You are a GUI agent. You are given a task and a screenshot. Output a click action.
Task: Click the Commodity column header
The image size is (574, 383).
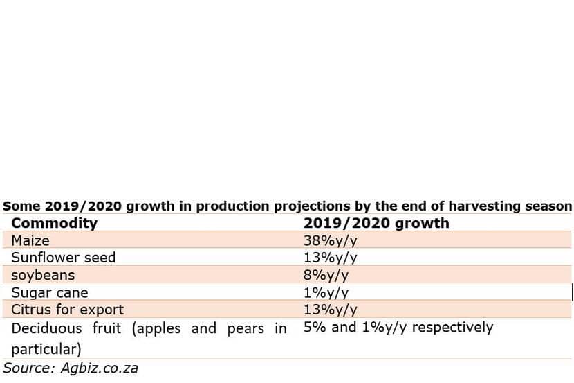[55, 223]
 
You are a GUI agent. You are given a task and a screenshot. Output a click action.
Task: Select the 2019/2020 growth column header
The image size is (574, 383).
[376, 223]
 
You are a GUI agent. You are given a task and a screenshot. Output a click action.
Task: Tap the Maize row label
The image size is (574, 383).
[30, 240]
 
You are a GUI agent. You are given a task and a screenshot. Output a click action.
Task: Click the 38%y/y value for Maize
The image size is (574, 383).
[330, 241]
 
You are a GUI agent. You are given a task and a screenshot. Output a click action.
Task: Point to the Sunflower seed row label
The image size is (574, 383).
[64, 257]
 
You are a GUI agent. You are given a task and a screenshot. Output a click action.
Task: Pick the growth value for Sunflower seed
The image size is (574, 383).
[330, 258]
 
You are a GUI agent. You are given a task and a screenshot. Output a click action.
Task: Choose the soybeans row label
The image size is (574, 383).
[43, 275]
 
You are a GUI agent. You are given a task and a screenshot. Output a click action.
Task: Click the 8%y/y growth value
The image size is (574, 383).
[326, 275]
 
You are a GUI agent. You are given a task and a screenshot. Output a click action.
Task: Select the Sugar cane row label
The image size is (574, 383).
[50, 292]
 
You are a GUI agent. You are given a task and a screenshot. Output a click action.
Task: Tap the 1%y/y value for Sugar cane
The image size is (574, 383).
[326, 292]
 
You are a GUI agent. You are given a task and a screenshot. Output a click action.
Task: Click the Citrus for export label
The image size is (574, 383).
[67, 310]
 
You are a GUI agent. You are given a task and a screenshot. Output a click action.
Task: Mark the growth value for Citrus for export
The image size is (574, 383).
[330, 310]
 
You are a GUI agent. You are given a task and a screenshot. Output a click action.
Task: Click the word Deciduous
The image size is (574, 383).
[46, 328]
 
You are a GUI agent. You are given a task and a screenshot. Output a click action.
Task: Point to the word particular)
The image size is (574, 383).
[46, 349]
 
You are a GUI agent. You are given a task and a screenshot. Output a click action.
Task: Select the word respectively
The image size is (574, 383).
[452, 328]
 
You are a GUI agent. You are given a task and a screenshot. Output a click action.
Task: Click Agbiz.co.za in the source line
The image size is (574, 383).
[99, 368]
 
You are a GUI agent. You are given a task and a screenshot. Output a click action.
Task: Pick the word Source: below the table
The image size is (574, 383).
[29, 368]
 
